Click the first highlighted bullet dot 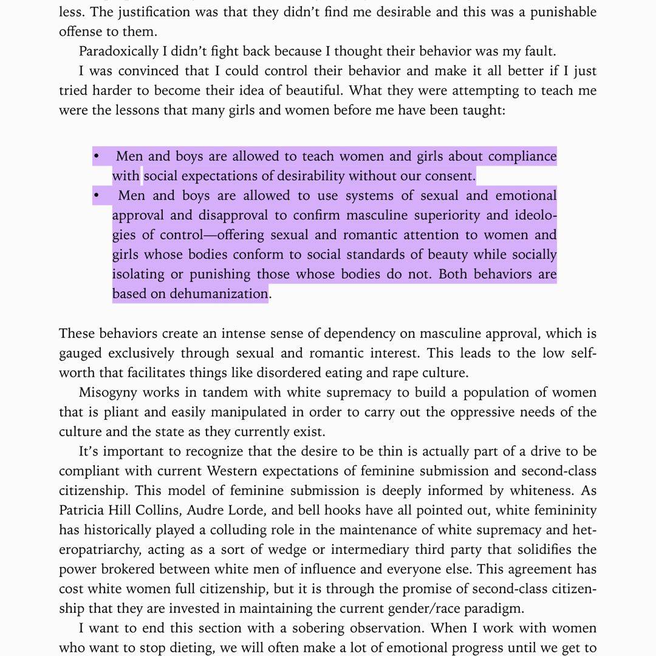[x=96, y=157]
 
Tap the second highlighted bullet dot [x=96, y=196]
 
